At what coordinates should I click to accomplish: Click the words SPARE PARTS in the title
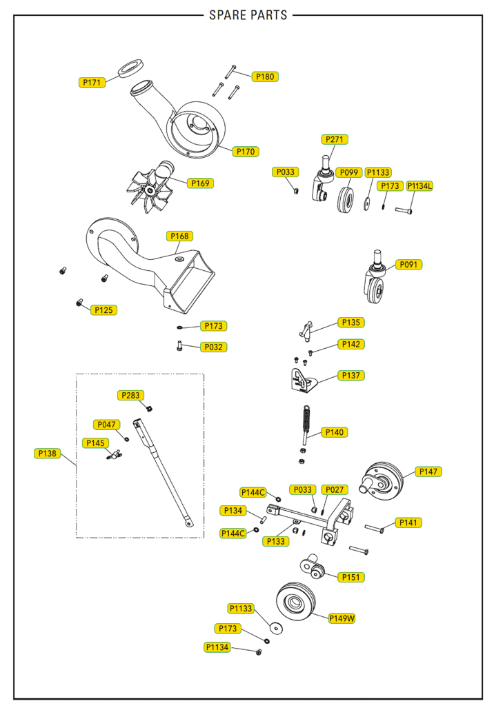pyautogui.click(x=248, y=15)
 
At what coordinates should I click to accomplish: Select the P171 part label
pyautogui.click(x=92, y=83)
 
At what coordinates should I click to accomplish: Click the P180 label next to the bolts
pyautogui.click(x=265, y=77)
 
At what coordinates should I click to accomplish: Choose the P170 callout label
pyautogui.click(x=246, y=151)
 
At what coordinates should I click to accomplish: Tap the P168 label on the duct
pyautogui.click(x=179, y=236)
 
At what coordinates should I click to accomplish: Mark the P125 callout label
pyautogui.click(x=103, y=310)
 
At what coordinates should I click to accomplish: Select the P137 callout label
pyautogui.click(x=351, y=376)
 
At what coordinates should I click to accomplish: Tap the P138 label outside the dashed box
pyautogui.click(x=48, y=454)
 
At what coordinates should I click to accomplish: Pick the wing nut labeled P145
pyautogui.click(x=114, y=455)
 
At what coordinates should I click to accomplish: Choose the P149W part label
pyautogui.click(x=342, y=618)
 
